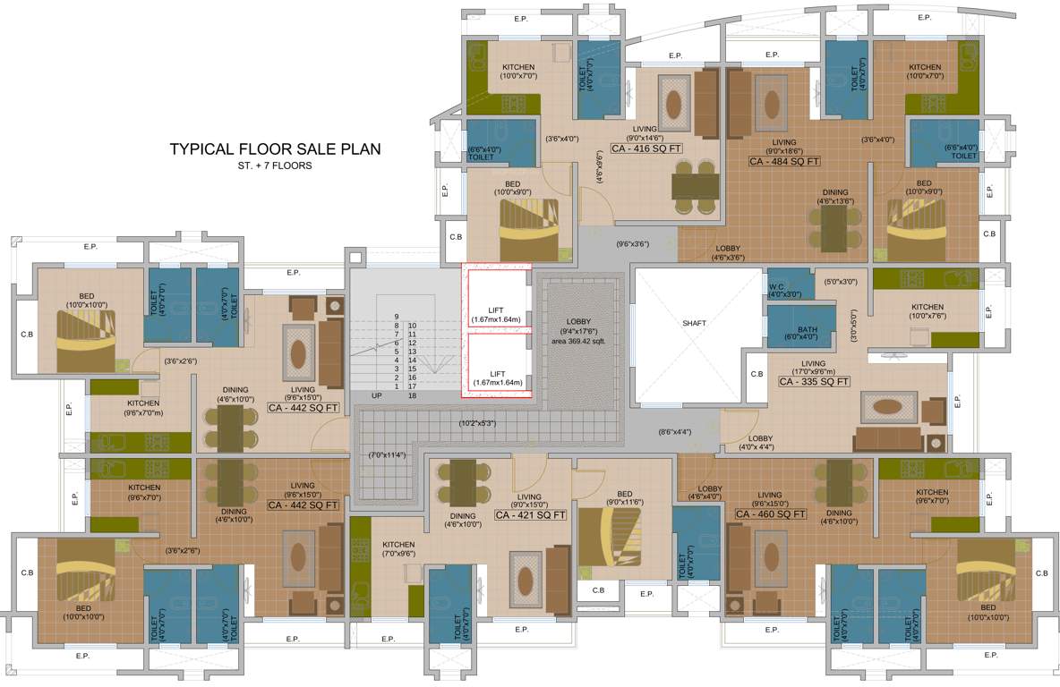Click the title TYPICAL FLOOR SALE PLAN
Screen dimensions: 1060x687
pos(275,149)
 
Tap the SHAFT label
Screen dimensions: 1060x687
pos(694,323)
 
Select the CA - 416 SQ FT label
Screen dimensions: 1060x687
pos(645,148)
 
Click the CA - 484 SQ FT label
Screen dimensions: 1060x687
pos(784,162)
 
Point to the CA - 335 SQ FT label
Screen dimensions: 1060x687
pos(814,382)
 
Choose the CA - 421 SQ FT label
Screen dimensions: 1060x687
pos(530,515)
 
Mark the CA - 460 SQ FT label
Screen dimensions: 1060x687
pos(770,514)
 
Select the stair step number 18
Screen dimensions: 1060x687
pos(412,394)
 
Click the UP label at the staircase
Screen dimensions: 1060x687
pos(377,394)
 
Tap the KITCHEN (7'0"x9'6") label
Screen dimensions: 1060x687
pos(398,548)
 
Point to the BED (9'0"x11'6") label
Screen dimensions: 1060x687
pos(624,499)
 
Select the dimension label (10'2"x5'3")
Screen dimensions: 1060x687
pos(477,422)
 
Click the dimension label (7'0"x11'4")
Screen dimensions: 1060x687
pos(387,454)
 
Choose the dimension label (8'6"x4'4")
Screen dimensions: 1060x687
pos(675,432)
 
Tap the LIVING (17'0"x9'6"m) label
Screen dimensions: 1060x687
pos(814,368)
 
